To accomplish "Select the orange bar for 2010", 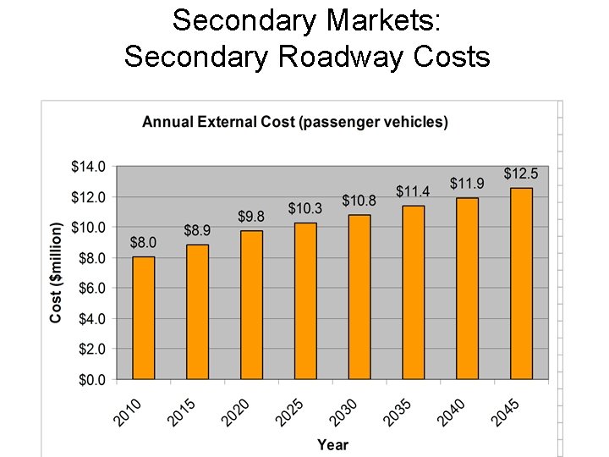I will (x=144, y=317).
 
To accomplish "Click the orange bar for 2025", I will (x=305, y=300).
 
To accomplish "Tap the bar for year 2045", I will (x=521, y=284).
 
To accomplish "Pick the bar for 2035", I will (x=414, y=292).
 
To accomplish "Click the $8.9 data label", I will (x=197, y=230).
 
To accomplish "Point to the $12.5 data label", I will (x=520, y=173).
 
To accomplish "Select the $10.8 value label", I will (x=359, y=201).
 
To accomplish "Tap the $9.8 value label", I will (x=250, y=217).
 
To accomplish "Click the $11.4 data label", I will (x=413, y=192).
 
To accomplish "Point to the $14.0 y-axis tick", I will (x=88, y=167).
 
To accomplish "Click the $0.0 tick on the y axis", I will (x=91, y=380).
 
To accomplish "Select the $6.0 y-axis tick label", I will (x=91, y=289).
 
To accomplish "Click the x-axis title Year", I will (x=332, y=444).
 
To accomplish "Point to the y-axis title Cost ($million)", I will (x=57, y=273).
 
